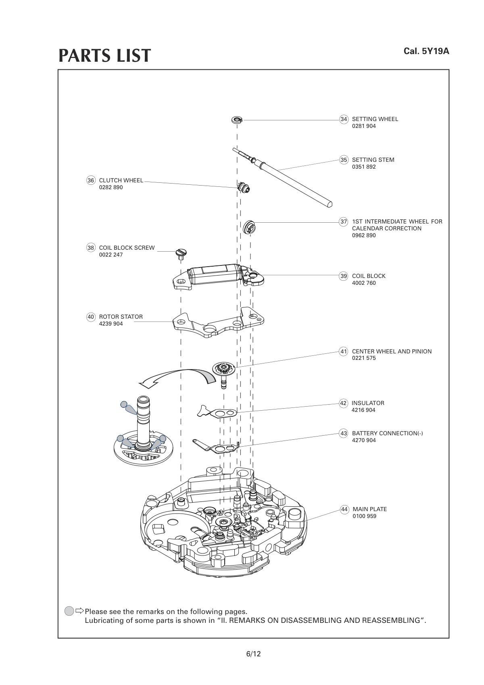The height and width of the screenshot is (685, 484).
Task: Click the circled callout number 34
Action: click(344, 119)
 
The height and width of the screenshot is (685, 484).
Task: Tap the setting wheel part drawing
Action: click(237, 119)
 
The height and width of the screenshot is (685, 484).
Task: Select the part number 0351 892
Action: click(363, 167)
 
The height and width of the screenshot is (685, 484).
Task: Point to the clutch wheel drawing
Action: click(244, 187)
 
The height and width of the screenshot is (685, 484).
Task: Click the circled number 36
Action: click(91, 180)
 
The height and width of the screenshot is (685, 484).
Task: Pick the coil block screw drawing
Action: click(181, 254)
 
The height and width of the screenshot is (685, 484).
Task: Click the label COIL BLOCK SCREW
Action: click(127, 248)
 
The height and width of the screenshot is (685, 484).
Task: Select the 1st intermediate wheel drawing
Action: click(249, 227)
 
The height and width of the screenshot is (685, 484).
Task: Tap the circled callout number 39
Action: click(344, 276)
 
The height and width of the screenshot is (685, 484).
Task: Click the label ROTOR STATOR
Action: click(121, 317)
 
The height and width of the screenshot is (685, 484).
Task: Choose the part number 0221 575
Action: click(363, 358)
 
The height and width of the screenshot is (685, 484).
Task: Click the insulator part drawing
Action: click(217, 412)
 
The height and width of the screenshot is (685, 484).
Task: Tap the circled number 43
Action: click(344, 433)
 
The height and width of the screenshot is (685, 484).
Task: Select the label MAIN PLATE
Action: click(369, 509)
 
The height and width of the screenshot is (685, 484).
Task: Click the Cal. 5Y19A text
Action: click(426, 51)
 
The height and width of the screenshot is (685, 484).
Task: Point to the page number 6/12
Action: click(253, 654)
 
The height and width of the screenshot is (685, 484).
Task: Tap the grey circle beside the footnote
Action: click(69, 611)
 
